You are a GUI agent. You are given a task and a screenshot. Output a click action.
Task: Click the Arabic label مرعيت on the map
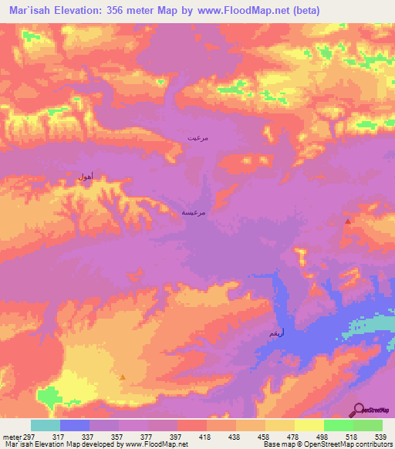tap(197, 137)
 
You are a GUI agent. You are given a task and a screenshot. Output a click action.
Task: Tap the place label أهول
tap(86, 177)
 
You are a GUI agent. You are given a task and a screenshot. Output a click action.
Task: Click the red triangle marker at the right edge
tap(348, 221)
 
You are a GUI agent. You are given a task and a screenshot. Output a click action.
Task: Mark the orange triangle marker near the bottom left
tap(123, 376)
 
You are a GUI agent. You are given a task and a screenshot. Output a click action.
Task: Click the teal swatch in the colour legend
tap(45, 425)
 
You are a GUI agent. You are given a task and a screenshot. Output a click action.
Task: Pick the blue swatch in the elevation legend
tap(74, 425)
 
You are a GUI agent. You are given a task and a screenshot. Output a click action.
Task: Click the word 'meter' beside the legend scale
tap(12, 436)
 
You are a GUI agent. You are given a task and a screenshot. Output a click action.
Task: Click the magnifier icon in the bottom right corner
tap(360, 409)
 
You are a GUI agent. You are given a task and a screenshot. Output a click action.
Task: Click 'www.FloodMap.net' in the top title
tap(241, 10)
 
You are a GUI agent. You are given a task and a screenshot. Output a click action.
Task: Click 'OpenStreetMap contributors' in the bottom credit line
tap(348, 444)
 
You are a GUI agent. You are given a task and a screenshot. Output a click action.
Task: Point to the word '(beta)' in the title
tap(305, 10)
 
